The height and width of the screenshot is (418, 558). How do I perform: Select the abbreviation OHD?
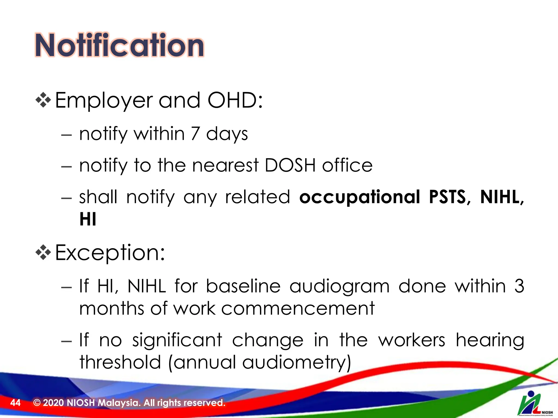[x=233, y=100]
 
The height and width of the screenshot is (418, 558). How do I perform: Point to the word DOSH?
[x=290, y=165]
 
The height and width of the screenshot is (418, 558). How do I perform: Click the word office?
[x=347, y=165]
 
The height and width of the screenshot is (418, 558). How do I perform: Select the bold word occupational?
[x=360, y=197]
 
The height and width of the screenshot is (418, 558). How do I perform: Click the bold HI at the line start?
[x=88, y=219]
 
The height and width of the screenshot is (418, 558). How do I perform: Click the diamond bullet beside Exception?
[x=43, y=253]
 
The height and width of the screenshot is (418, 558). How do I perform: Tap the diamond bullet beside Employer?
[x=43, y=100]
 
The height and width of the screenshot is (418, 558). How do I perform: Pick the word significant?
[x=177, y=340]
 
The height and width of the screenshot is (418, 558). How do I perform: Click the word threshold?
[x=120, y=362]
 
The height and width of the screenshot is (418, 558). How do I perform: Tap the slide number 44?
[x=15, y=402]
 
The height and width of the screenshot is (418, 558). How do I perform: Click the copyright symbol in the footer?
[x=37, y=402]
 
